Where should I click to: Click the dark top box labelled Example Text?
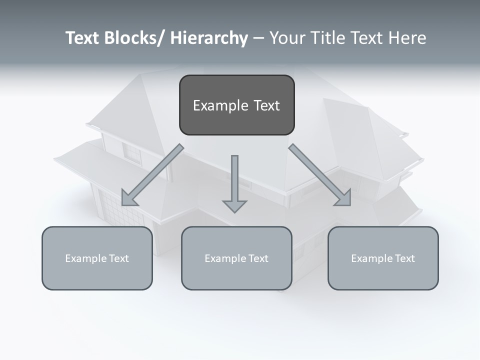(x=236, y=105)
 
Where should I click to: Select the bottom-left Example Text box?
(x=97, y=258)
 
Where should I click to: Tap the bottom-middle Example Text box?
(x=236, y=258)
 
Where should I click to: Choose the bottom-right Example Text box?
(x=383, y=258)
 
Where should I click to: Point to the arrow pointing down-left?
(x=152, y=175)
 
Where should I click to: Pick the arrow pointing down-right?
(x=320, y=175)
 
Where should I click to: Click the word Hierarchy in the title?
(x=209, y=38)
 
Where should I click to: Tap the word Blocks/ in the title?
(x=133, y=38)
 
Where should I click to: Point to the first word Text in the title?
(x=83, y=38)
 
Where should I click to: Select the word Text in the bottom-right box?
(x=403, y=258)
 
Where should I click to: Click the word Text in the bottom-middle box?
(x=257, y=258)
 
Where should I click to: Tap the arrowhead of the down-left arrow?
(x=129, y=198)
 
